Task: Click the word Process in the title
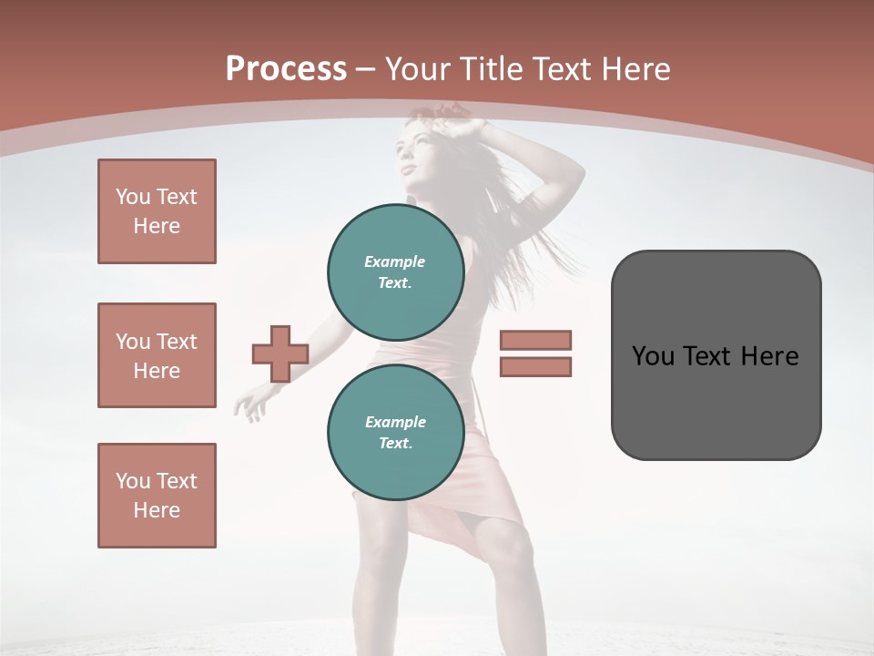(x=286, y=69)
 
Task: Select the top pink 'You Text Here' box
(x=157, y=211)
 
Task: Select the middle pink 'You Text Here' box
(x=157, y=355)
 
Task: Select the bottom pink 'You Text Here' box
(x=157, y=496)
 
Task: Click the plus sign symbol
(x=280, y=354)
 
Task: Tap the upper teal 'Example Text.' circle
(x=395, y=272)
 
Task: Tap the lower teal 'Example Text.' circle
(x=395, y=432)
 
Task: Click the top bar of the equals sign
(x=535, y=340)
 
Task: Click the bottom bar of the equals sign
(x=535, y=366)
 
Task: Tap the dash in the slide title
(x=365, y=69)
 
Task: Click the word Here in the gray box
(x=770, y=356)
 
